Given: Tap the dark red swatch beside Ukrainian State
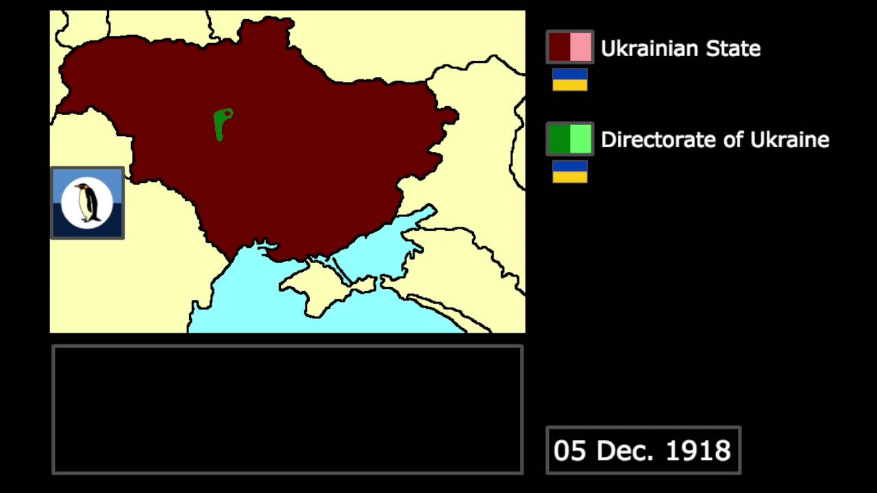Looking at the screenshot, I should tap(559, 47).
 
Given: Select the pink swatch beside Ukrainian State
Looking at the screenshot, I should tap(580, 47).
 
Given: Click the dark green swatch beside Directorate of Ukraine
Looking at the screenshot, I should tap(559, 139).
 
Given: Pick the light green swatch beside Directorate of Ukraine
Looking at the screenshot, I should tap(580, 139).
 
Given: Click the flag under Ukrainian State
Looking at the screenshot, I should tap(570, 79).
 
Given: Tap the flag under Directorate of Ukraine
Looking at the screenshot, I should tap(570, 171).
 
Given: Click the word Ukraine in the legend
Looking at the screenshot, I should tap(789, 140).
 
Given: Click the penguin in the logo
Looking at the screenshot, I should tap(87, 203).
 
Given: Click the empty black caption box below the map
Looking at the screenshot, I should tap(288, 409).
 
